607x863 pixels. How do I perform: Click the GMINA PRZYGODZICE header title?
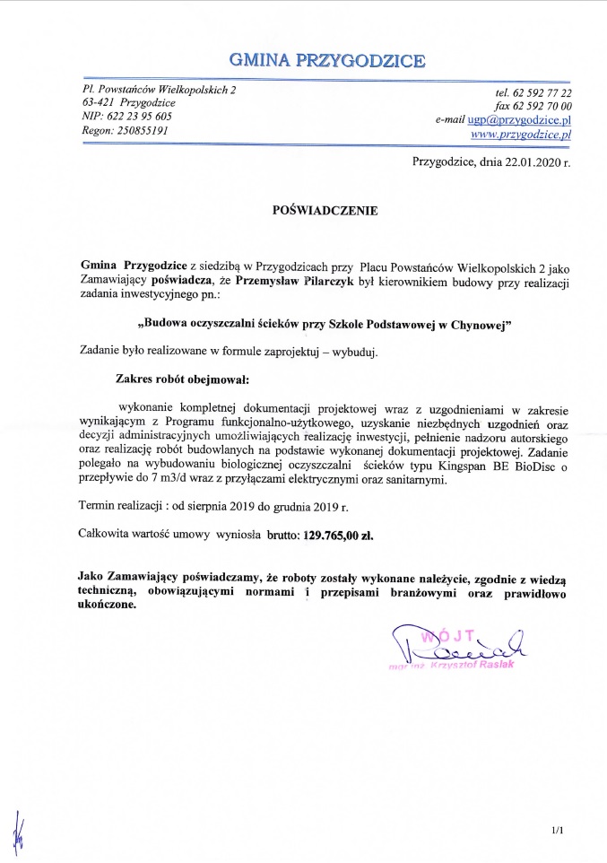(x=327, y=61)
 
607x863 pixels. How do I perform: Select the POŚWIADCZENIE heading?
(x=325, y=212)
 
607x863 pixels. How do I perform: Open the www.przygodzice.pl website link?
(x=521, y=134)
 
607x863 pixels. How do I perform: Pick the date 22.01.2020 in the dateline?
(x=525, y=162)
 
